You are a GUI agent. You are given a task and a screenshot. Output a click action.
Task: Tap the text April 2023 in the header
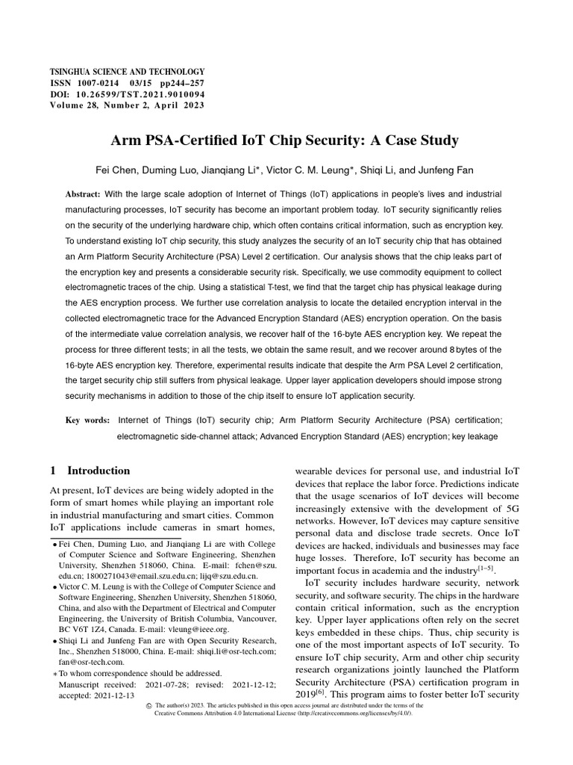(x=181, y=105)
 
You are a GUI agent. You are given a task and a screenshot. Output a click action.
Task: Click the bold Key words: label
(x=88, y=421)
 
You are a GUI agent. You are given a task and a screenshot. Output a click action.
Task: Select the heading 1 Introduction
(x=90, y=471)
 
